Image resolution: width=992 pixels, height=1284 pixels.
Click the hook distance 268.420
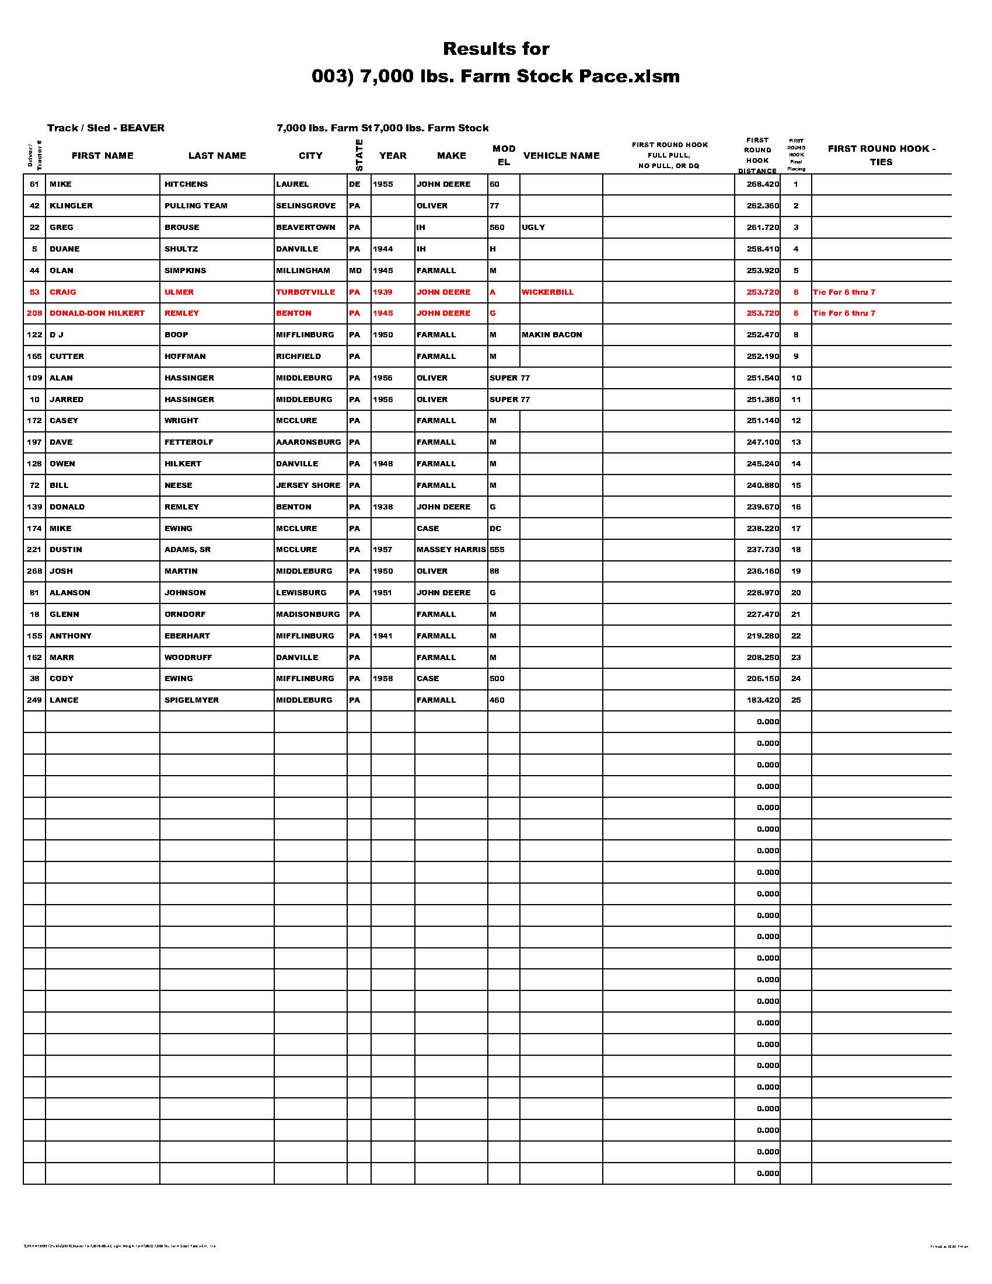[x=762, y=184]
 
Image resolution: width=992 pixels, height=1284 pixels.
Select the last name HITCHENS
[x=186, y=184]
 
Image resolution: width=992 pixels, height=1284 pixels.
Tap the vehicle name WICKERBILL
[x=547, y=292]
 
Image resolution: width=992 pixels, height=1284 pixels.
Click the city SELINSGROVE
[x=306, y=206]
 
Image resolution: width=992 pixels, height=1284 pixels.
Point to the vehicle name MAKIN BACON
[x=551, y=335]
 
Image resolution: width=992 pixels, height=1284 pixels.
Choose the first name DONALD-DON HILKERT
[x=97, y=313]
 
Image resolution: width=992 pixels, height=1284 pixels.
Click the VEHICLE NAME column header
[x=561, y=156]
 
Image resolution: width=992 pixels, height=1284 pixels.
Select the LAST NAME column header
[x=217, y=156]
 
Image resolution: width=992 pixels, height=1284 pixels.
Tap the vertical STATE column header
[x=359, y=156]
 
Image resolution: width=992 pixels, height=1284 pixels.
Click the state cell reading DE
[x=354, y=184]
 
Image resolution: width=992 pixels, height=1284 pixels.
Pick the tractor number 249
[x=34, y=700]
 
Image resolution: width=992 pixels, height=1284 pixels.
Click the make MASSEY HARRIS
[x=450, y=550]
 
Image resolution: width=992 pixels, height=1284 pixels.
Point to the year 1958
[x=383, y=678]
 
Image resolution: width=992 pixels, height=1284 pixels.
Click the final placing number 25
[x=796, y=700]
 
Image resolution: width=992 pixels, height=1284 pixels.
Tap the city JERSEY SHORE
[x=308, y=486]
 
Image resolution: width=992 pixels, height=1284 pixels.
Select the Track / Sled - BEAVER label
[x=106, y=128]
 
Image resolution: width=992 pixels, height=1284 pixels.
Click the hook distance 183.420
[x=762, y=700]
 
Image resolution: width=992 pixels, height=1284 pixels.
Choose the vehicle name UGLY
[x=533, y=228]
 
